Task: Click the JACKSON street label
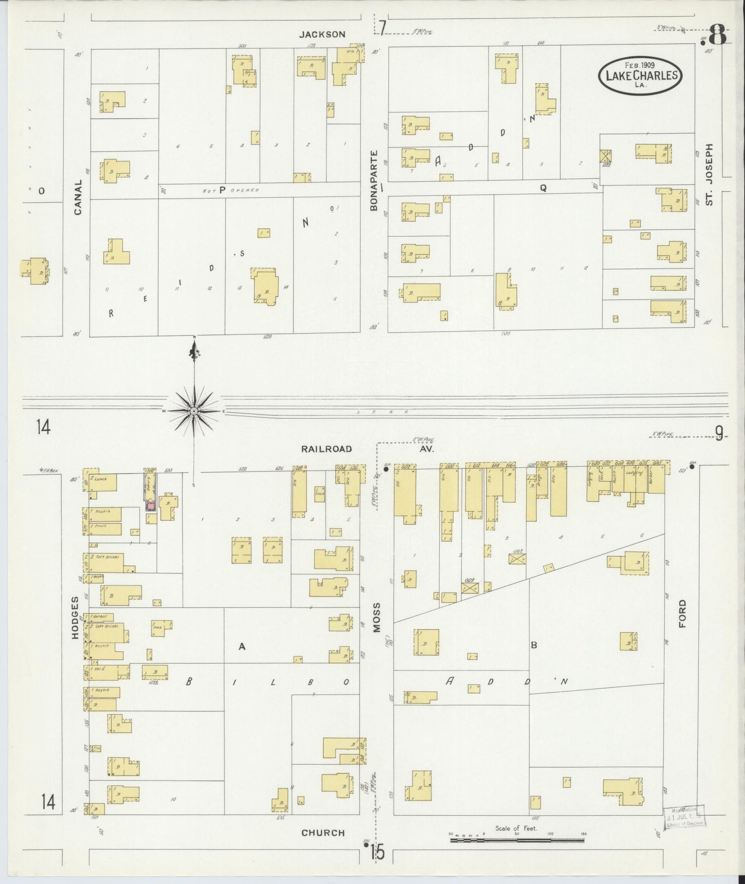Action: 323,34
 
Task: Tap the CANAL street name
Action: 78,197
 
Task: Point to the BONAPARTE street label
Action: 374,180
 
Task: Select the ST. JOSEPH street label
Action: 709,174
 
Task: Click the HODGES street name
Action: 75,617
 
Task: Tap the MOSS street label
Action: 376,617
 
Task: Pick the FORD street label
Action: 683,613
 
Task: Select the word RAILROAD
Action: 327,449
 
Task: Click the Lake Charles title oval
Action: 640,76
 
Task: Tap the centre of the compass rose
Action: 194,411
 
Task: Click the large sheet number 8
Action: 717,37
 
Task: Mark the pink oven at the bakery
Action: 151,504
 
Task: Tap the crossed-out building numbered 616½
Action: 517,558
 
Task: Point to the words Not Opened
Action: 230,190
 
